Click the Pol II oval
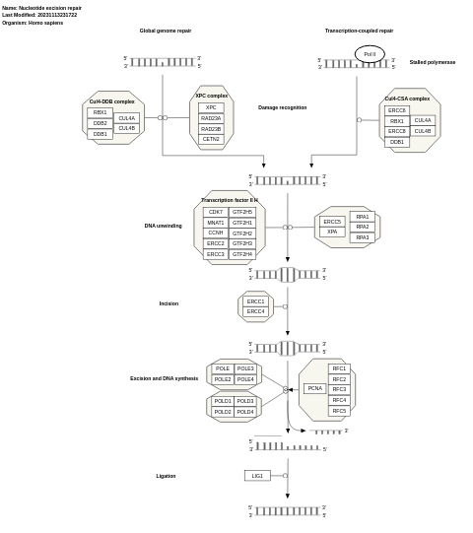coord(370,54)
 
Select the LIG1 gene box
coord(257,476)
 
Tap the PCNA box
coord(314,388)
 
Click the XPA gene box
coord(332,232)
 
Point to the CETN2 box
coord(211,139)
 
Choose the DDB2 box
coord(100,123)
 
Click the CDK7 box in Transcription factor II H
coord(215,212)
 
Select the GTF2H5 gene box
coord(242,212)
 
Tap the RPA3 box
coord(363,237)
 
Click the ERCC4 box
coord(255,311)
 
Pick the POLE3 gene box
coord(245,368)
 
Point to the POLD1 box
coord(223,401)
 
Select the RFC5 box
coord(339,411)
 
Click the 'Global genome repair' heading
coord(166,31)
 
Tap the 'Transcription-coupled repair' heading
coord(359,31)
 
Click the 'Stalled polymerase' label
coord(432,62)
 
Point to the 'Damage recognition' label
coord(282,107)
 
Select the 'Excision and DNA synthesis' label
coord(164,378)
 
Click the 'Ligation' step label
coord(166,476)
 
